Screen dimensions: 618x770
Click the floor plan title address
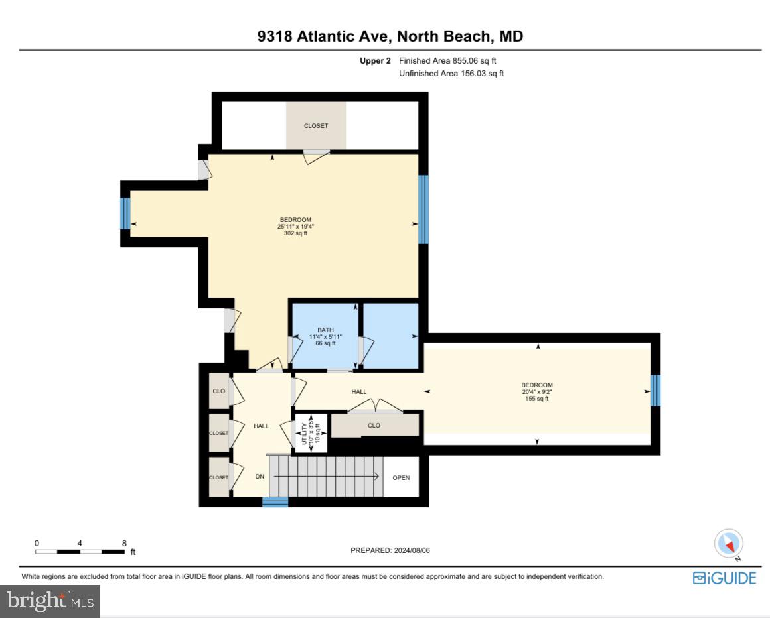390,36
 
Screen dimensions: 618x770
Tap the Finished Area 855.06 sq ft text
447,60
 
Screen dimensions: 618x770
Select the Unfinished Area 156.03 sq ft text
451,74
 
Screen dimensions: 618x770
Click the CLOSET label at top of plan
316,125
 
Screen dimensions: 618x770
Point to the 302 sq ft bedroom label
295,226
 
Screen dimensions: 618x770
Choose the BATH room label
325,336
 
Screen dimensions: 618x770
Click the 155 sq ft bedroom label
537,391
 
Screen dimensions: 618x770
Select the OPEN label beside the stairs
401,477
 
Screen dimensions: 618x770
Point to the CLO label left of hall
218,391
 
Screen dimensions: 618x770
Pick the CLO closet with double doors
374,425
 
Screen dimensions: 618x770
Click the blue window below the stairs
275,502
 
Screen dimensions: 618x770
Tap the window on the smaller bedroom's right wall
655,391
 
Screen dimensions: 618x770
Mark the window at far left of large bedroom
125,214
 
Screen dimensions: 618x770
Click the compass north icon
728,544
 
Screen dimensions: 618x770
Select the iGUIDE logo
724,578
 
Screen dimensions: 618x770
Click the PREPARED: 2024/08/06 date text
394,551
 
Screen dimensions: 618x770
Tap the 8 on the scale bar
124,542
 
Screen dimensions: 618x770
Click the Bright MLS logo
50,601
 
